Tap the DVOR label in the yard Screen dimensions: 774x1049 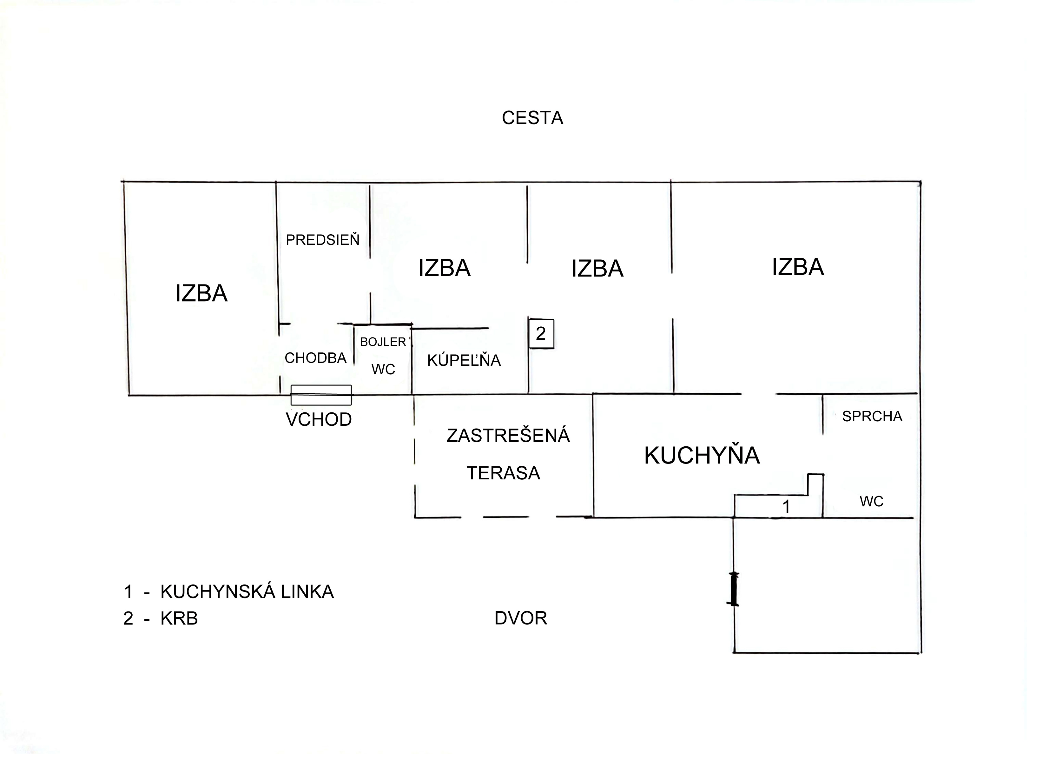(x=521, y=618)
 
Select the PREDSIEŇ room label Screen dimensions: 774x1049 (x=323, y=240)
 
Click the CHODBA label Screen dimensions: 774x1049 (x=315, y=358)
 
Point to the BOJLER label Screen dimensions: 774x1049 (x=383, y=342)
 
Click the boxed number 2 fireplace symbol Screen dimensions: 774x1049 (x=541, y=334)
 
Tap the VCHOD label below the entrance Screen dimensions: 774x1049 (x=319, y=419)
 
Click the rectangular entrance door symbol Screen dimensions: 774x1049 (x=321, y=395)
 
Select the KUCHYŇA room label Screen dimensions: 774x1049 (x=702, y=455)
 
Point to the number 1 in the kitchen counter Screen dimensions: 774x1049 (x=786, y=506)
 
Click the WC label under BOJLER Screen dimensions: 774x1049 (x=383, y=370)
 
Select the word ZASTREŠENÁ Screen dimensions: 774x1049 (x=508, y=436)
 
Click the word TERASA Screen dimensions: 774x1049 (x=504, y=473)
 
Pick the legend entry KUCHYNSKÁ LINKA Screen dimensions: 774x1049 (x=247, y=592)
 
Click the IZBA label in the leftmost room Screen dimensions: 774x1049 (x=201, y=294)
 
